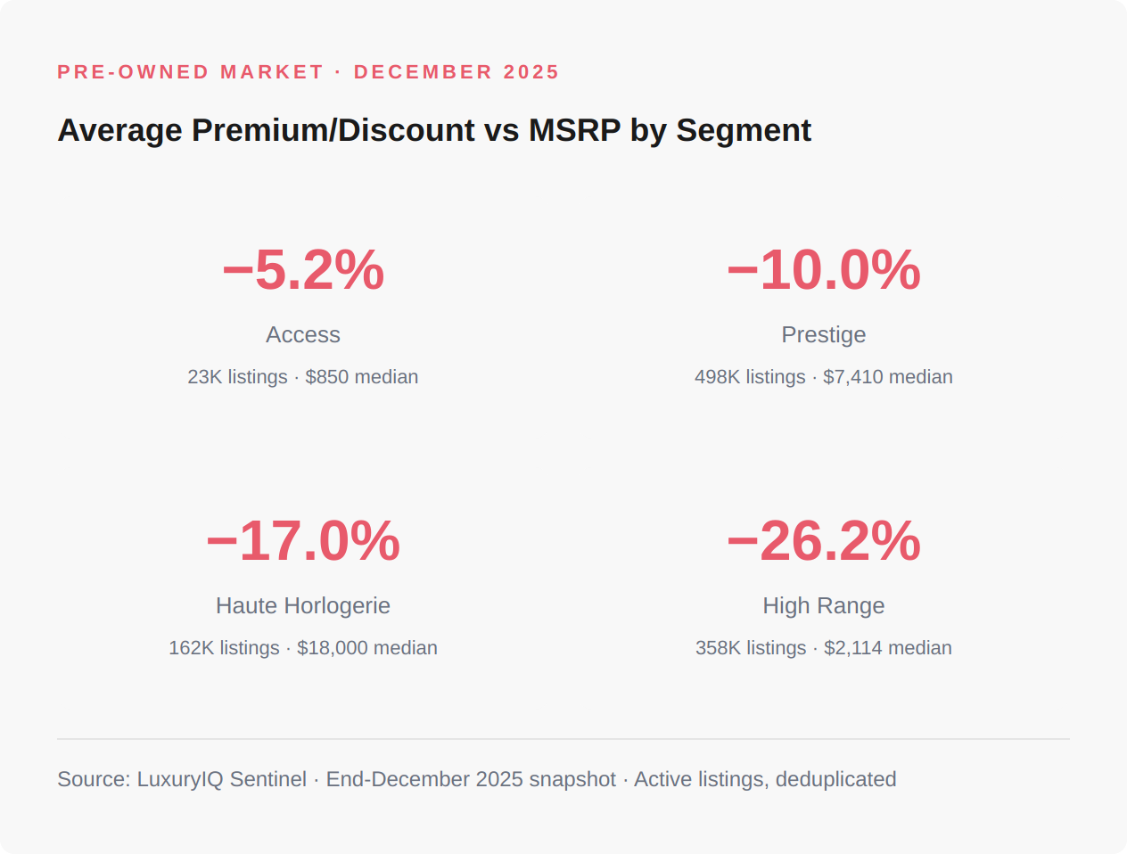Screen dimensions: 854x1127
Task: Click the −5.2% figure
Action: (303, 270)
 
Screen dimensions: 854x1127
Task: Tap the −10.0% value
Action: (823, 270)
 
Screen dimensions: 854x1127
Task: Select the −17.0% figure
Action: (303, 541)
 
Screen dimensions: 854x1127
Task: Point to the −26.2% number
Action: (823, 541)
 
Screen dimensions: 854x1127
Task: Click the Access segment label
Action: (303, 335)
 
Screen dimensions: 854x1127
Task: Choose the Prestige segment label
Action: (823, 335)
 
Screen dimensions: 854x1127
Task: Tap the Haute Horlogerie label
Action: (303, 606)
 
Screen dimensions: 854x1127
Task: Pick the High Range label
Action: (823, 606)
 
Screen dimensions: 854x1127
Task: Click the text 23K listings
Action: (237, 377)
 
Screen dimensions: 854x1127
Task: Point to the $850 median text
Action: (361, 377)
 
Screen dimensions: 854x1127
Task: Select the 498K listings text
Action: (750, 377)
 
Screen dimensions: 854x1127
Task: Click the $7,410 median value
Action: (887, 377)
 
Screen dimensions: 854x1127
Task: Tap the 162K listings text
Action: (224, 648)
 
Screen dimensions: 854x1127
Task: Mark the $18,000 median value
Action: (366, 648)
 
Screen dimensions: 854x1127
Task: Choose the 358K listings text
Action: (751, 648)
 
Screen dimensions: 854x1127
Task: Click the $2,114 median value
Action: (887, 648)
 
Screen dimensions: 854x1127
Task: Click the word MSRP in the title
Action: (574, 130)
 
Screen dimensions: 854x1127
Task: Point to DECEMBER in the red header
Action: (423, 72)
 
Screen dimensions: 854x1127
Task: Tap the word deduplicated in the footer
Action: (835, 779)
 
